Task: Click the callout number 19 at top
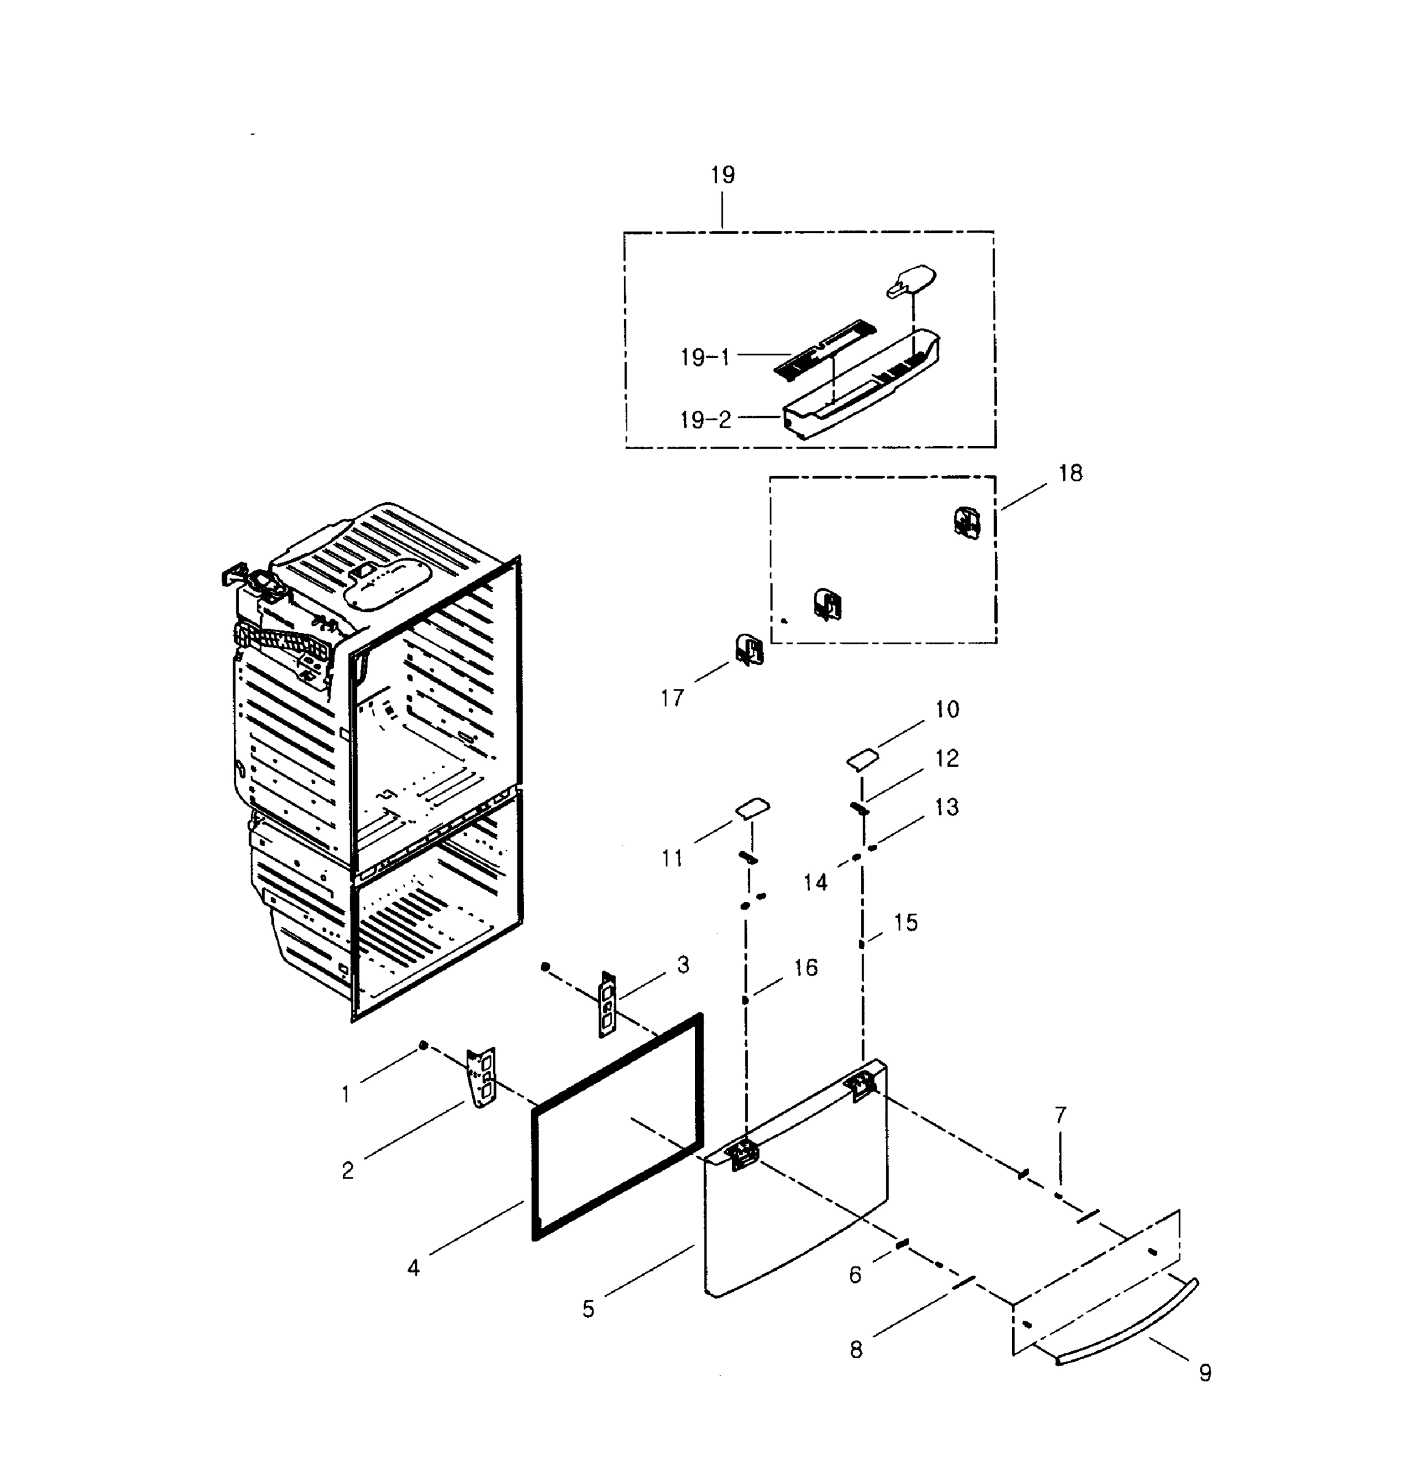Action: [x=722, y=175]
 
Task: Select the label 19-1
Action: [x=704, y=358]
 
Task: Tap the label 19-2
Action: [x=704, y=420]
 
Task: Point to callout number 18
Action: [x=1070, y=473]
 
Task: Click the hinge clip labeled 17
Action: [x=749, y=650]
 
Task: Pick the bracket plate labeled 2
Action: [x=482, y=1077]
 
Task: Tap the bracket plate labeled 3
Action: [x=608, y=1004]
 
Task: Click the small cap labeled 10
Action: [x=862, y=759]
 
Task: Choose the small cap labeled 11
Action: [x=753, y=808]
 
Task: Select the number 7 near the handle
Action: [x=1061, y=1116]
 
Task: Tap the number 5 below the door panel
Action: [x=588, y=1309]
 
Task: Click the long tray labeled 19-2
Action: [x=859, y=388]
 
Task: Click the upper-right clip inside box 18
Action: [x=966, y=522]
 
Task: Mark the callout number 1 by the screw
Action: [x=345, y=1095]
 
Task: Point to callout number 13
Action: [x=946, y=807]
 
